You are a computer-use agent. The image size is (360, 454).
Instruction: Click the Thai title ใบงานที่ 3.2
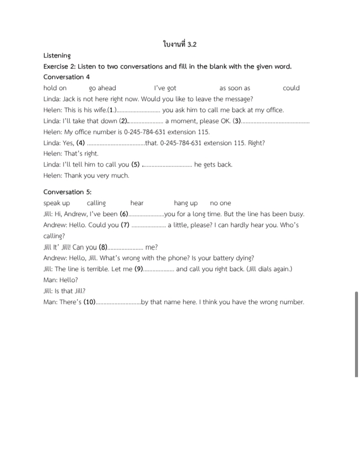[x=179, y=44]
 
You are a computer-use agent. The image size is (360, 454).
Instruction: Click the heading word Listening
[x=57, y=55]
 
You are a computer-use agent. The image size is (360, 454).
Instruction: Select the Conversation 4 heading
[x=66, y=77]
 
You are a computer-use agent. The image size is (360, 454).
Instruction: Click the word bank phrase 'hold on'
[x=55, y=88]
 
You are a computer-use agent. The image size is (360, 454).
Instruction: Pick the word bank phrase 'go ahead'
[x=102, y=88]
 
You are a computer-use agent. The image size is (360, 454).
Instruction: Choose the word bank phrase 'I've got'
[x=165, y=88]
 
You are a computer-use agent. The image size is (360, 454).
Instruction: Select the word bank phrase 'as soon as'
[x=234, y=88]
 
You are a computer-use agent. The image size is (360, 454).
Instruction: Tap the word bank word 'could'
[x=291, y=88]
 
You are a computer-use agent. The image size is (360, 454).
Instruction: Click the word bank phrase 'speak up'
[x=56, y=203]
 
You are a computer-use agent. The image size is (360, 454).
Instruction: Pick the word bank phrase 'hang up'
[x=185, y=203]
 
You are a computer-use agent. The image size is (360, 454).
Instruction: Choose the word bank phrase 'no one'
[x=220, y=203]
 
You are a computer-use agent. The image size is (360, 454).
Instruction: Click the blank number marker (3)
[x=237, y=121]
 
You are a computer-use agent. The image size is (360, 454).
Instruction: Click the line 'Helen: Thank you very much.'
[x=86, y=175]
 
